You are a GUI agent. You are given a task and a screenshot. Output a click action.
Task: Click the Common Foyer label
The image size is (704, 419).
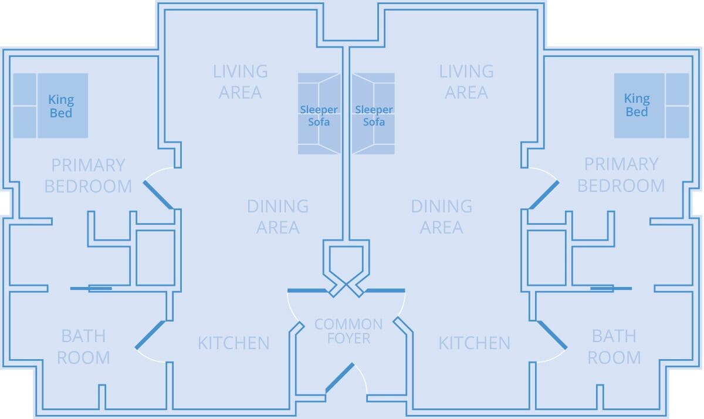click(348, 331)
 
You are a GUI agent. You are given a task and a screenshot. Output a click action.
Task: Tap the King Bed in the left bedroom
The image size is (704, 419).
click(50, 106)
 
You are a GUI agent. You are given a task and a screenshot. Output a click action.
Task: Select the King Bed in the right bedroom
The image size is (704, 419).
click(652, 106)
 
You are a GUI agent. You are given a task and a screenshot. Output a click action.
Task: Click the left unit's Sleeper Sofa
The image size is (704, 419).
click(319, 113)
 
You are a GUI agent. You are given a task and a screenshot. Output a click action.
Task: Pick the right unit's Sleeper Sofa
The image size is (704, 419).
click(373, 113)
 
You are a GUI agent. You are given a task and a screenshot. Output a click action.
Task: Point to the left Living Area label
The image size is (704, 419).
click(241, 82)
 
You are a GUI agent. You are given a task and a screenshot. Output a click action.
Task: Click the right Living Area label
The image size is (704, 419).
click(466, 82)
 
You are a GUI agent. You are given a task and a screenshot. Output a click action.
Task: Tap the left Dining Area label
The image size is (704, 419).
click(278, 217)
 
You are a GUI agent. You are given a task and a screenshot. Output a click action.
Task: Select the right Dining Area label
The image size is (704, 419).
click(442, 217)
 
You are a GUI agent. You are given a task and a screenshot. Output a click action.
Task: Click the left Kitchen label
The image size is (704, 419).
click(233, 343)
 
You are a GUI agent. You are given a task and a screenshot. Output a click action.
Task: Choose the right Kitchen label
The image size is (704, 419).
click(474, 343)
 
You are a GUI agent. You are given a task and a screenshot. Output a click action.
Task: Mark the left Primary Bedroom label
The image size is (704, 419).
click(88, 175)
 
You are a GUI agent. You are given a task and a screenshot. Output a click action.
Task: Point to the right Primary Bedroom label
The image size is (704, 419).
click(621, 175)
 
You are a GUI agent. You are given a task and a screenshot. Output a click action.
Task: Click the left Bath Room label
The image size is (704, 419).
click(83, 347)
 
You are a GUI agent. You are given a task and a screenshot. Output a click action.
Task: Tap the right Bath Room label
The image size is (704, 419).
click(614, 347)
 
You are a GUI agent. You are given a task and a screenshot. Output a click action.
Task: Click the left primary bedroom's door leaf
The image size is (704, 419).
click(158, 195)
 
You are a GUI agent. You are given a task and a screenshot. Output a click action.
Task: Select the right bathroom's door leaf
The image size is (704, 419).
click(552, 335)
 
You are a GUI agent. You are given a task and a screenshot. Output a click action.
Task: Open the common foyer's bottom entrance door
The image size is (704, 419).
click(340, 378)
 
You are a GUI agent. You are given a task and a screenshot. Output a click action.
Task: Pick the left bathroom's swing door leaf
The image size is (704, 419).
click(150, 335)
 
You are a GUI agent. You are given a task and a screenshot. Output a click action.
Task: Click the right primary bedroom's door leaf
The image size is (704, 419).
click(544, 195)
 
